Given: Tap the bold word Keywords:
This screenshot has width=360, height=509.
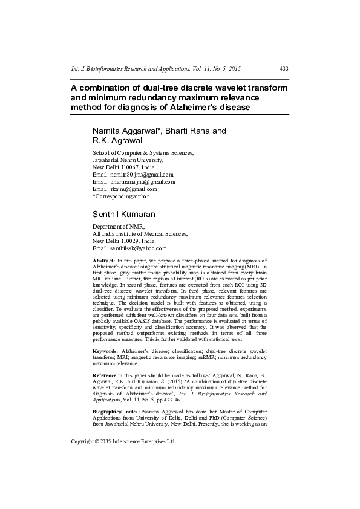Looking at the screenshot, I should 106,351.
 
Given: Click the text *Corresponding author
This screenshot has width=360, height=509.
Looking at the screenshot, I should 120,196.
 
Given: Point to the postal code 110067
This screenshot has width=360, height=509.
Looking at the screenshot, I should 129,167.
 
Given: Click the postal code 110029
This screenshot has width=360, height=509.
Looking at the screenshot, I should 129,241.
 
